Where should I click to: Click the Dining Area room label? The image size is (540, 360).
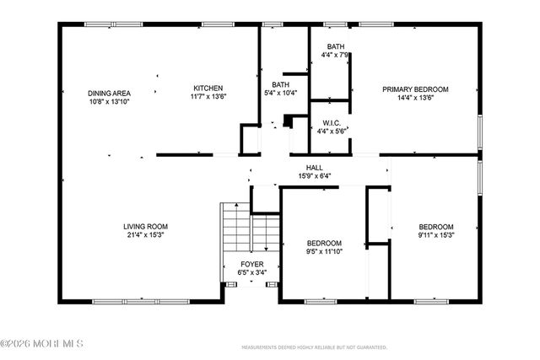[110, 93]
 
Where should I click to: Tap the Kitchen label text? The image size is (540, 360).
[208, 89]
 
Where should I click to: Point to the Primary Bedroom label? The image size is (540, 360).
[415, 89]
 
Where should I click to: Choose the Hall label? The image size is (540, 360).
[315, 168]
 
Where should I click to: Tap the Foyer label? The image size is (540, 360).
[252, 264]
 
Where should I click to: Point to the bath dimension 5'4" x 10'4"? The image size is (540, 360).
[280, 93]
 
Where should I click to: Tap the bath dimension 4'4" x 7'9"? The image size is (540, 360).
[335, 55]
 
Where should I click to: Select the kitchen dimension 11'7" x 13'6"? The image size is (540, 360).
[208, 97]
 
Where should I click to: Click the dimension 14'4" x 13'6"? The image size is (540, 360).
[415, 97]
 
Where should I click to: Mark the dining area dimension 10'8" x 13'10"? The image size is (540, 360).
[110, 101]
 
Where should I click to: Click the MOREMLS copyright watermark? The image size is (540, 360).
[42, 343]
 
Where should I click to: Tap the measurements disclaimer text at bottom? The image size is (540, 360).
[315, 347]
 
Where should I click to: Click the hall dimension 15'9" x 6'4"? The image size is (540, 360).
[315, 176]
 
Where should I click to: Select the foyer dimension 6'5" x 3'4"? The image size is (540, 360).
[252, 272]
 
